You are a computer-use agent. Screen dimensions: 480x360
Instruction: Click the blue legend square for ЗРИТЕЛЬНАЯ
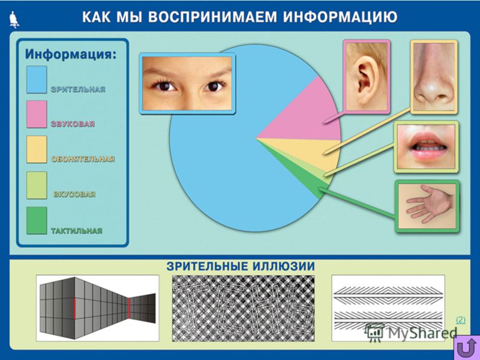(37, 80)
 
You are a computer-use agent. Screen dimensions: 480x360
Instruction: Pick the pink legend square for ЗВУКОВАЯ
(37, 114)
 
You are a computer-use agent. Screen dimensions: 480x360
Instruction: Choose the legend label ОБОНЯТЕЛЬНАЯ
(83, 159)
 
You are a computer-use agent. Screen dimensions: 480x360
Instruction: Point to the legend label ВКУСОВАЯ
(74, 194)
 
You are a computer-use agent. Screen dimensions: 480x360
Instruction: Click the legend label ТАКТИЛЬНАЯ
(77, 231)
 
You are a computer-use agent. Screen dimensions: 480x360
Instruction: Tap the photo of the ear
(367, 76)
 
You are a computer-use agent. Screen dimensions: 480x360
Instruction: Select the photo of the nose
(434, 77)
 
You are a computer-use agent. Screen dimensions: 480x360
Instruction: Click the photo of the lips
(427, 146)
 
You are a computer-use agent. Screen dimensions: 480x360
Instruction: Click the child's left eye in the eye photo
(214, 86)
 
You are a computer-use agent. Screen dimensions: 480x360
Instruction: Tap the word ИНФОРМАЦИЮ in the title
(340, 17)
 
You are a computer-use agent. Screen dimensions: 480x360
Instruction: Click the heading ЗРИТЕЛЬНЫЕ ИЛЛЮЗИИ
(241, 266)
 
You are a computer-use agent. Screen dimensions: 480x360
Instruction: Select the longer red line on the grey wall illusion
(74, 309)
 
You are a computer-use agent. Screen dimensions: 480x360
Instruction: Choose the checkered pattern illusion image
(244, 308)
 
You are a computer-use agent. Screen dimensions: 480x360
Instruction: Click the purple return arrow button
(466, 347)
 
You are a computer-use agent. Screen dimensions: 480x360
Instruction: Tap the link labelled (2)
(460, 320)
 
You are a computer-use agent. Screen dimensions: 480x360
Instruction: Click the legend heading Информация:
(71, 55)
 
